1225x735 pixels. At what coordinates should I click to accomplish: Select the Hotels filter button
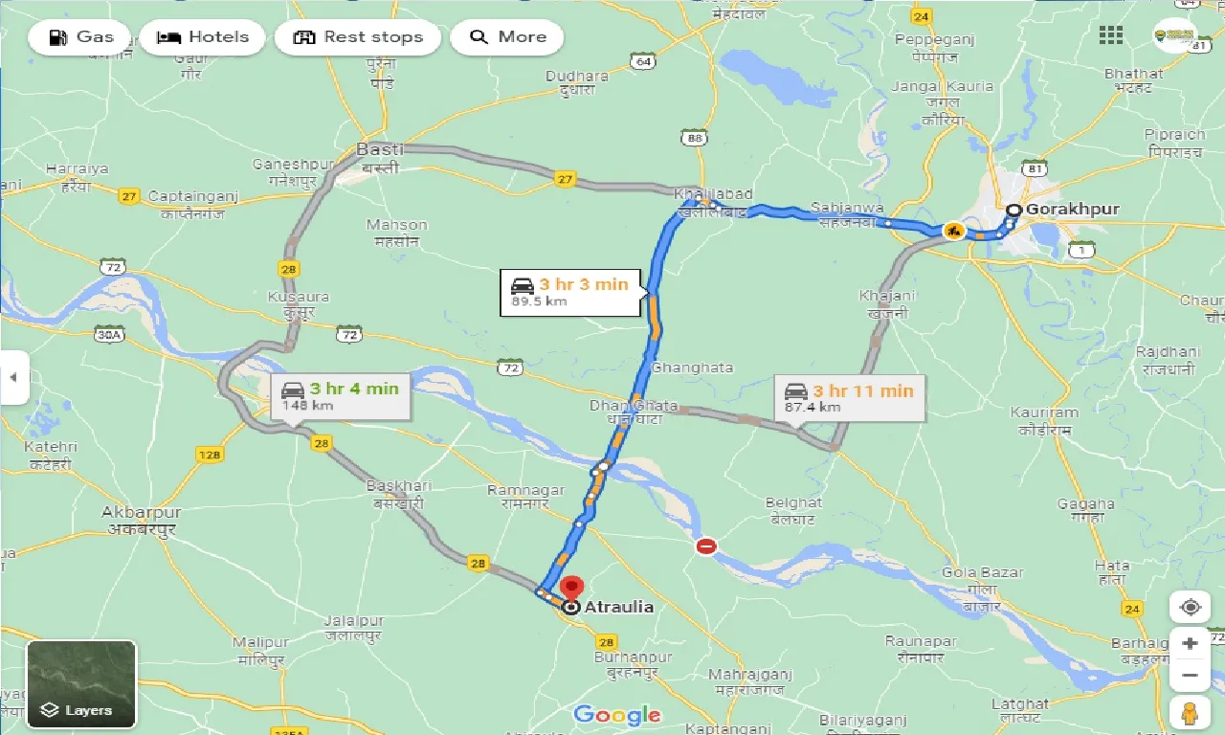coord(202,37)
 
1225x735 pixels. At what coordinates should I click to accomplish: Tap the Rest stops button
coord(357,37)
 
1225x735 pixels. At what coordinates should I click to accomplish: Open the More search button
coord(507,37)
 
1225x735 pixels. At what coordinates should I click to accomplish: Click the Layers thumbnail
coord(81,683)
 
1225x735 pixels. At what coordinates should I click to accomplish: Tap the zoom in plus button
coord(1190,643)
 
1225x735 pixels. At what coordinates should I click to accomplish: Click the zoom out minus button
coord(1190,675)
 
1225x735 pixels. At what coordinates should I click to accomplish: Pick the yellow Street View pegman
coord(1190,713)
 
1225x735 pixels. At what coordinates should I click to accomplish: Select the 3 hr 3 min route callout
coord(570,292)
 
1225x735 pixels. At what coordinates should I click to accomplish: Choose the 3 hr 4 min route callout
coord(341,397)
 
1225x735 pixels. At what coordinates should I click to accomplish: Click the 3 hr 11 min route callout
coord(850,398)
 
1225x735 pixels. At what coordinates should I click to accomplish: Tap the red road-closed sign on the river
coord(706,546)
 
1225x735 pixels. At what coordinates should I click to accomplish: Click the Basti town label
coord(380,150)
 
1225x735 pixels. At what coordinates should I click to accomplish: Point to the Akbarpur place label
coord(142,512)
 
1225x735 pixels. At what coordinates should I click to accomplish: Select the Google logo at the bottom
coord(617,714)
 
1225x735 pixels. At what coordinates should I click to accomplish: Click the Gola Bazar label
coord(983,572)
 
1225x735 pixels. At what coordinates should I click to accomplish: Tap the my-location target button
coord(1190,608)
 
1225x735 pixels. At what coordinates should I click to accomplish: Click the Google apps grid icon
coord(1111,35)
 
